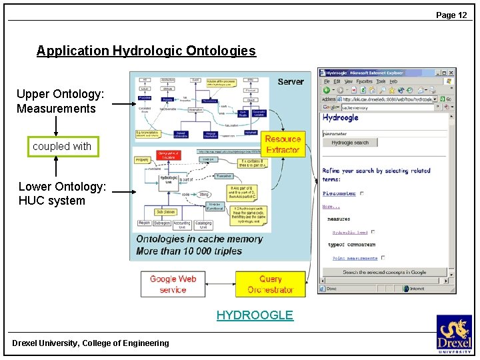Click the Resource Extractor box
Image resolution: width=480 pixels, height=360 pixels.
coord(283,144)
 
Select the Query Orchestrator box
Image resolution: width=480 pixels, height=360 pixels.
coord(271,284)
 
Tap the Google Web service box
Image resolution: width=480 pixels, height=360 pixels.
coord(173,284)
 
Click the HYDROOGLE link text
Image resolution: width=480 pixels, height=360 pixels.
coord(255,315)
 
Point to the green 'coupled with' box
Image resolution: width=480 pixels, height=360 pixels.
coord(62,146)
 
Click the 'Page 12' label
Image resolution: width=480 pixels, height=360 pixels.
coord(451,15)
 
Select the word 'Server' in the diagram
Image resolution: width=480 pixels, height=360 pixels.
coord(291,81)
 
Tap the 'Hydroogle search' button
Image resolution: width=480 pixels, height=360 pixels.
coord(350,143)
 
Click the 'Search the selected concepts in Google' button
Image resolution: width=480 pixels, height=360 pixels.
coord(384,272)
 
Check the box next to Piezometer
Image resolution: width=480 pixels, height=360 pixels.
coord(361,194)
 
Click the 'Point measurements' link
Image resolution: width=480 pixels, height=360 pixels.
coord(355,258)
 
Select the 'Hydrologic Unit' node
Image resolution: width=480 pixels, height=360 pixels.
coord(169,181)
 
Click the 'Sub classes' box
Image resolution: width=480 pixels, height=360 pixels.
coord(165,212)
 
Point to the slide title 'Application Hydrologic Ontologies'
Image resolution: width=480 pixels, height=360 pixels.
coord(146,51)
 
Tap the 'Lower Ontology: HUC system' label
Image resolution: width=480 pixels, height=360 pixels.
coord(62,193)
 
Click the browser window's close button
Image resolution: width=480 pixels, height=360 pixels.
coord(451,72)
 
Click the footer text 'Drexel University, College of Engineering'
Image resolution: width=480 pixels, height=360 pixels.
coord(91,343)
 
